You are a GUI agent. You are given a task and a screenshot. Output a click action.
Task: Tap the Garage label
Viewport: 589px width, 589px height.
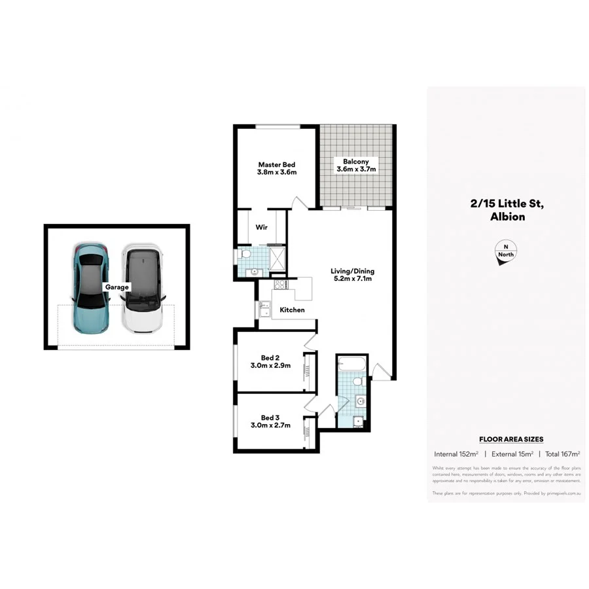tap(118, 287)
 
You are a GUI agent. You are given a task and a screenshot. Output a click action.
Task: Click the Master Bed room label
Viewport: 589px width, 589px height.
tap(277, 164)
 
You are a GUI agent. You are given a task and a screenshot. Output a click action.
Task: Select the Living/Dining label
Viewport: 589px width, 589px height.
tap(352, 271)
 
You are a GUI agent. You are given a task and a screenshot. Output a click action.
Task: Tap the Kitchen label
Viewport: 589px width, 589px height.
tap(292, 310)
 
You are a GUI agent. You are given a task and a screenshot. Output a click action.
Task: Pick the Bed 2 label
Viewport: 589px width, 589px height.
tap(270, 357)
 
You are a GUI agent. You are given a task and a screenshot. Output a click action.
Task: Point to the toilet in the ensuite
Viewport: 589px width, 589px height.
tap(246, 254)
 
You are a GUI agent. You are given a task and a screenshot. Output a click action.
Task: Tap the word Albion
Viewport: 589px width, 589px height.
tap(507, 217)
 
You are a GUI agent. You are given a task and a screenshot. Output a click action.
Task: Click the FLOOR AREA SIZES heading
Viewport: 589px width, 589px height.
tap(511, 439)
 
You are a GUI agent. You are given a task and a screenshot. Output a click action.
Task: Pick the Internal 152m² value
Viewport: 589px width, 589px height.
tap(456, 454)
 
